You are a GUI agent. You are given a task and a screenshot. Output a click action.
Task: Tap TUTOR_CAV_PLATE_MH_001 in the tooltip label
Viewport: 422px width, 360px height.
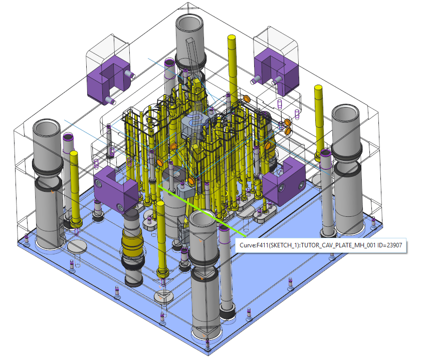click(x=338, y=245)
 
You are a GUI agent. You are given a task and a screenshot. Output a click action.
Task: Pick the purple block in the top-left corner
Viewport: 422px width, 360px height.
click(x=108, y=80)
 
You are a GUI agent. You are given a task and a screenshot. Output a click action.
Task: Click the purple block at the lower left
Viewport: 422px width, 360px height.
click(x=116, y=189)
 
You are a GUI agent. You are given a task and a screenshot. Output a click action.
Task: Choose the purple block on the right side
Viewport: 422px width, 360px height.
click(x=284, y=181)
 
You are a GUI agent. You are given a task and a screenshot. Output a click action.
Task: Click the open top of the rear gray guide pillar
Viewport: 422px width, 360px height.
click(x=189, y=23)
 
